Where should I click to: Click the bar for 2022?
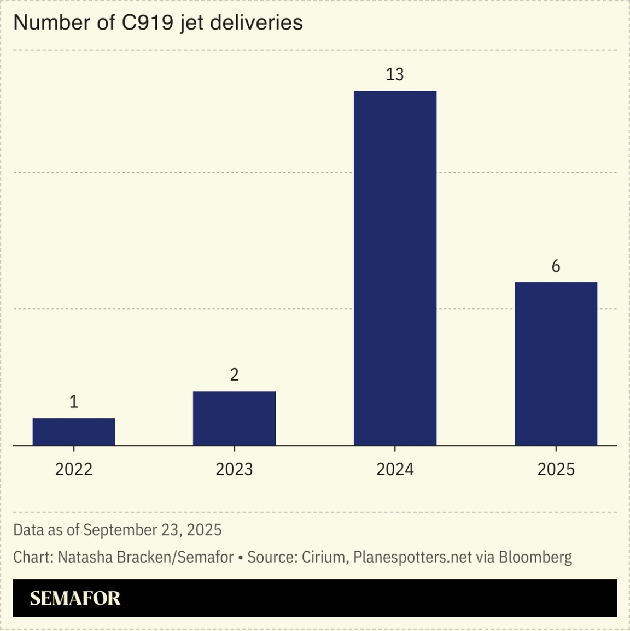[x=74, y=432]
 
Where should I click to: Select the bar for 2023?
[x=234, y=418]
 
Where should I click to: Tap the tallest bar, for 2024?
[x=395, y=268]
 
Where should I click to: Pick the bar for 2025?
[x=556, y=364]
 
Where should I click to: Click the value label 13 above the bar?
[x=395, y=74]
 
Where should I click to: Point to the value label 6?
[x=556, y=266]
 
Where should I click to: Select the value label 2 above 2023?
[x=234, y=375]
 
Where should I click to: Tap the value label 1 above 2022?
[x=74, y=402]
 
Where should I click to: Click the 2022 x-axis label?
[x=74, y=469]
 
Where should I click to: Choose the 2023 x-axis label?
[x=234, y=469]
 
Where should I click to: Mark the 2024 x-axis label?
[x=395, y=469]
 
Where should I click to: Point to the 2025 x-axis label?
[x=556, y=469]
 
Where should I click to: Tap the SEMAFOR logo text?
[x=75, y=598]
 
